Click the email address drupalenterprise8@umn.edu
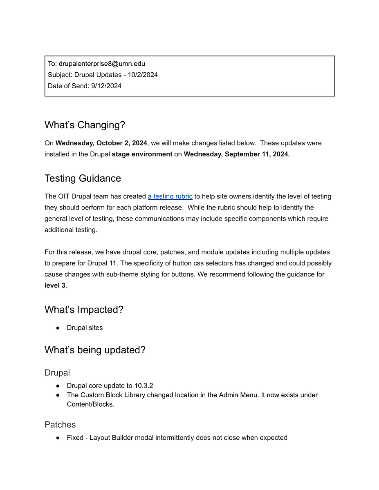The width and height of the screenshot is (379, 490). point(102,64)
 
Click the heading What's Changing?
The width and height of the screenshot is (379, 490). point(85,125)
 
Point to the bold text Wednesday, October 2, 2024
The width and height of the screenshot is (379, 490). point(101,143)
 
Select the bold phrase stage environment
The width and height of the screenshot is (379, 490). point(142,154)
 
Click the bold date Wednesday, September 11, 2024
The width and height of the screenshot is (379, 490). point(237,154)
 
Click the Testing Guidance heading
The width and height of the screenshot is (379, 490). point(83,178)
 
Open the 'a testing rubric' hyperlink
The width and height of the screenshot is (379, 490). point(170,196)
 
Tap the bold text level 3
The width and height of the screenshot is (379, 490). point(55,285)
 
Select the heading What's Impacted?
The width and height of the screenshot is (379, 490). point(84,310)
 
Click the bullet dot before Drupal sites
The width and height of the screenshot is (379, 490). point(58,328)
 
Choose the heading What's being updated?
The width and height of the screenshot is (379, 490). point(95,350)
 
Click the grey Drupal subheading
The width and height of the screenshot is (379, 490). point(57,373)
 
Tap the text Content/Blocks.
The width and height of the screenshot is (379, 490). point(90,405)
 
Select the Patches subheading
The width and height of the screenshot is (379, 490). point(60,425)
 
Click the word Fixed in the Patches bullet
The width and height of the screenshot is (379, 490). point(75,438)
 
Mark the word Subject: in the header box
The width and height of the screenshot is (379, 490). point(60,75)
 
